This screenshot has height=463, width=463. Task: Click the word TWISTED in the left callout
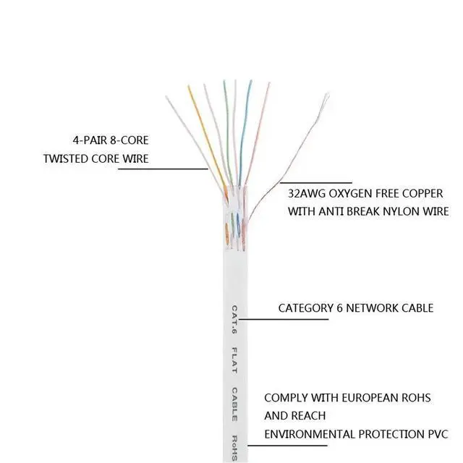[66, 159]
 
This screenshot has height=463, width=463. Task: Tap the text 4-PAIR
[90, 140]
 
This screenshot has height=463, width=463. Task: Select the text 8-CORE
[129, 140]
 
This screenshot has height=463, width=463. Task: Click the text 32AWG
[307, 194]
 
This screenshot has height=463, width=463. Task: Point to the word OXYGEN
[346, 194]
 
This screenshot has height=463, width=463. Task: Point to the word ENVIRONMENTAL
[310, 434]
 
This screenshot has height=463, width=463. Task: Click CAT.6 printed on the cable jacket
[234, 320]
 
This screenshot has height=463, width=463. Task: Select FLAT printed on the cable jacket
[234, 360]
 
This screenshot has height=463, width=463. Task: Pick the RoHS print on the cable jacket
[234, 448]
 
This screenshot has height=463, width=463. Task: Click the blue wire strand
[245, 133]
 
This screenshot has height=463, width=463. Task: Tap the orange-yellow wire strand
[208, 142]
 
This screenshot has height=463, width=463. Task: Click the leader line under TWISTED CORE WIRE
[163, 169]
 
